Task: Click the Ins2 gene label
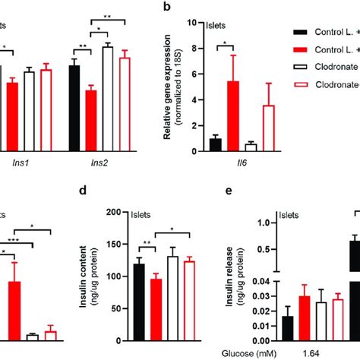coord(98,162)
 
